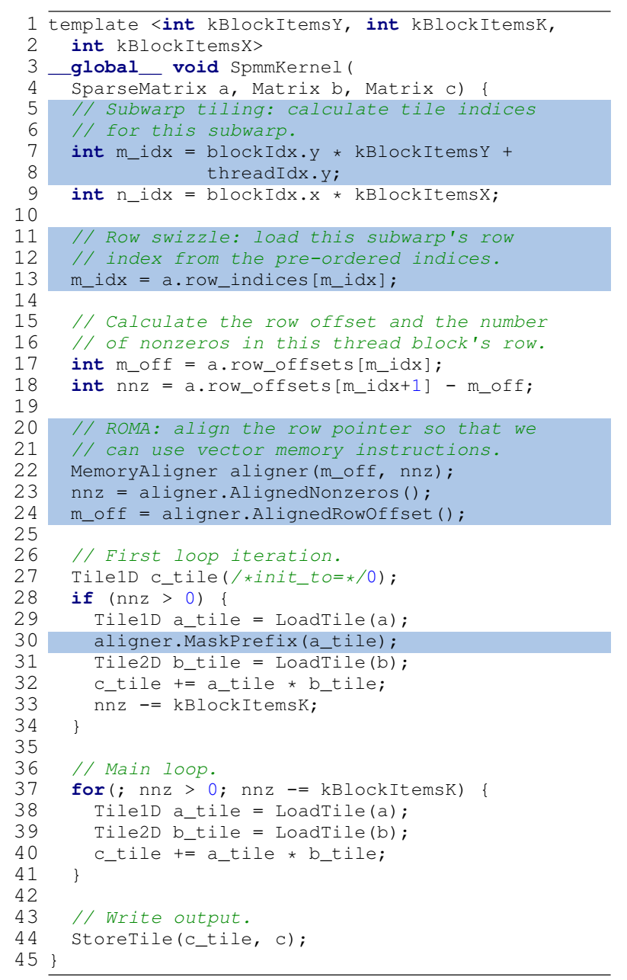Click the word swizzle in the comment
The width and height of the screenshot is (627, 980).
[201, 238]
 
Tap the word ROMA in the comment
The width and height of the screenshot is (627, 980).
[128, 429]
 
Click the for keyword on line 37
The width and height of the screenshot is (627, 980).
[88, 790]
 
